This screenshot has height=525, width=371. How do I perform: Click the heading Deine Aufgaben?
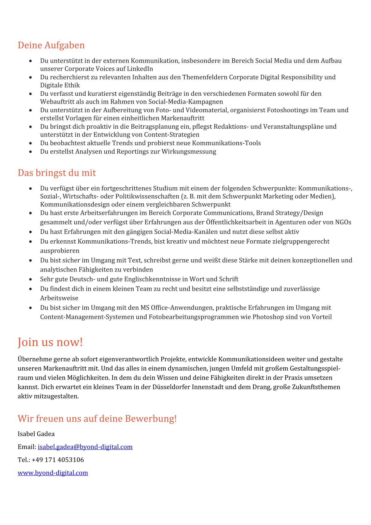pyautogui.click(x=51, y=45)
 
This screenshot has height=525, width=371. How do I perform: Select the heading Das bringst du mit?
pyautogui.click(x=57, y=173)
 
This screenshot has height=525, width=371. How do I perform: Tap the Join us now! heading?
pyautogui.click(x=50, y=342)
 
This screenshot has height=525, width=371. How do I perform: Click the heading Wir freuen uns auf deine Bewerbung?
pyautogui.click(x=97, y=418)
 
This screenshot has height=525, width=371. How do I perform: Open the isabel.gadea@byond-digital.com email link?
pyautogui.click(x=85, y=447)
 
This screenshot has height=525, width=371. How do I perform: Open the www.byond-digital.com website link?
pyautogui.click(x=53, y=473)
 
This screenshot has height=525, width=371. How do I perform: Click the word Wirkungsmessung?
pyautogui.click(x=189, y=151)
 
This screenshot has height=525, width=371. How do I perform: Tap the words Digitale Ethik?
pyautogui.click(x=60, y=85)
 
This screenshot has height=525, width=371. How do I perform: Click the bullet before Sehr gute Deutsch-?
pyautogui.click(x=31, y=280)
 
